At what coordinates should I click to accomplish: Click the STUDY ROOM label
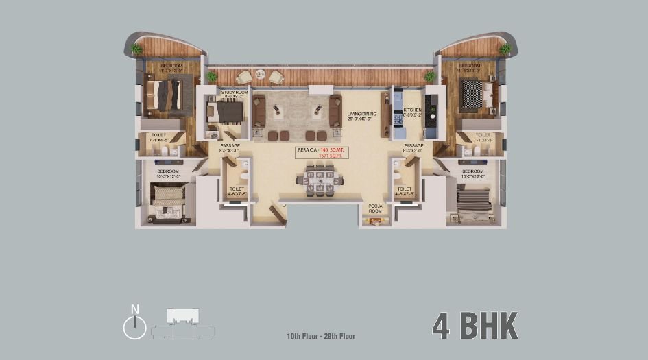(x=230, y=92)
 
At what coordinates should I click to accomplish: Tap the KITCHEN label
(x=412, y=110)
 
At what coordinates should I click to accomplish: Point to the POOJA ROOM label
(x=375, y=208)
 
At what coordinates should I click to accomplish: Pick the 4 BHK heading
(x=475, y=326)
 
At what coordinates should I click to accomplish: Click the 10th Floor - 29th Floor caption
(x=321, y=336)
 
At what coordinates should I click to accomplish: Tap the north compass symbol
(x=134, y=326)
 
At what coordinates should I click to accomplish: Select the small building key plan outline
(x=182, y=324)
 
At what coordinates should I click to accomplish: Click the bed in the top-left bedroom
(x=167, y=95)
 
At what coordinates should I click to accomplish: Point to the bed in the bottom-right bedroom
(x=473, y=204)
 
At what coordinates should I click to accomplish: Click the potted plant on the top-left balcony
(x=136, y=49)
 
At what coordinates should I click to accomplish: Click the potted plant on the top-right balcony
(x=505, y=49)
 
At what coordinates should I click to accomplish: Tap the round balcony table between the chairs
(x=260, y=74)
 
